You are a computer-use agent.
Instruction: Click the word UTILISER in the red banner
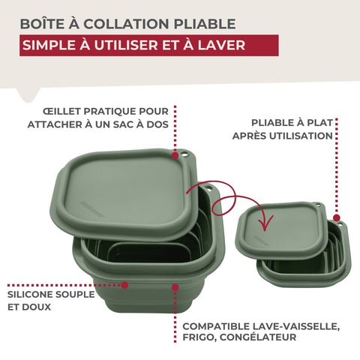(x=126, y=46)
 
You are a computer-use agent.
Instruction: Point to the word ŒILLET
(x=62, y=112)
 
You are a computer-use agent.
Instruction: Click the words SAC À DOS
(x=141, y=124)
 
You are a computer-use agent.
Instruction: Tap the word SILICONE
(x=31, y=294)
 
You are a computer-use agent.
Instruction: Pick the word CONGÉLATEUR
(x=258, y=337)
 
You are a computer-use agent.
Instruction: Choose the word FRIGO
(x=199, y=337)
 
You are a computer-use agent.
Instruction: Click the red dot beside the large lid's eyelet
(x=175, y=155)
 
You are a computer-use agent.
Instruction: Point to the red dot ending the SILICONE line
(x=124, y=285)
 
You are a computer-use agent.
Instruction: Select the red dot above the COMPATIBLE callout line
(x=175, y=287)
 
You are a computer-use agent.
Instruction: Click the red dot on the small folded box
(x=337, y=217)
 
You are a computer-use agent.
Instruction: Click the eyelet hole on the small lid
(x=318, y=205)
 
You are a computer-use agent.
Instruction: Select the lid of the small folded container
(x=281, y=230)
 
